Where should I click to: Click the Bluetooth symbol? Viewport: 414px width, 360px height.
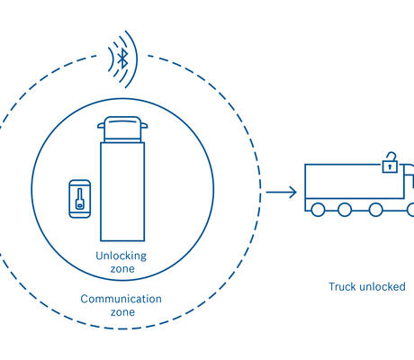(x=122, y=58)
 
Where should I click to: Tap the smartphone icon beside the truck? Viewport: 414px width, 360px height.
(x=79, y=199)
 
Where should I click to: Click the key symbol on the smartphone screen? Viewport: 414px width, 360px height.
(x=79, y=199)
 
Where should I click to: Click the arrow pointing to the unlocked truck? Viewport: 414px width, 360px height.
(x=281, y=192)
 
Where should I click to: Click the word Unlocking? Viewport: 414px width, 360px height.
(x=121, y=256)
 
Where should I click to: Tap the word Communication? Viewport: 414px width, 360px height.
(x=121, y=299)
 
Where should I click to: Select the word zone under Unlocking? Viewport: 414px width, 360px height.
(x=122, y=269)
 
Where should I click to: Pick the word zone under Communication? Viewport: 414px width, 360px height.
(x=122, y=312)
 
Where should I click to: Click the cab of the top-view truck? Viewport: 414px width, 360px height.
(x=122, y=130)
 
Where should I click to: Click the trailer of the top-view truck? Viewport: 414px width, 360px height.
(x=122, y=192)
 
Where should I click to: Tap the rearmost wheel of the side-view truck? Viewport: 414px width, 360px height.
(x=318, y=210)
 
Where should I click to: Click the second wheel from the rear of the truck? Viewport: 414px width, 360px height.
(x=345, y=210)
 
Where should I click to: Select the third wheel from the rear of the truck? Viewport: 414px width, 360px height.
(x=375, y=210)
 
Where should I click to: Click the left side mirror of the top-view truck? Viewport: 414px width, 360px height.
(x=101, y=125)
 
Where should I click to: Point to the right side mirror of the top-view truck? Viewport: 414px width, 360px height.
(x=144, y=125)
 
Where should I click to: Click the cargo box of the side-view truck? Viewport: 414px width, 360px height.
(x=354, y=181)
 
